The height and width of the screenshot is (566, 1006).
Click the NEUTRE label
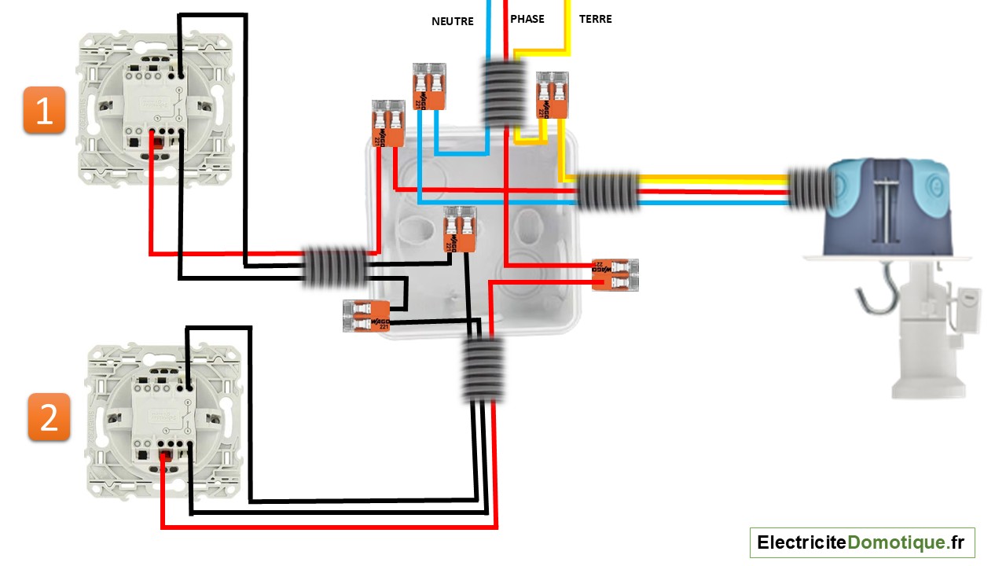tap(453, 21)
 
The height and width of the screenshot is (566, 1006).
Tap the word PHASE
tap(527, 19)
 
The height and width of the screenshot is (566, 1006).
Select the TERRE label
tap(595, 19)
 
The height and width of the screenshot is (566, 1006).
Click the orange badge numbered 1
tap(44, 111)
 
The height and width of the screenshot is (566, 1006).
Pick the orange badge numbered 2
tap(50, 417)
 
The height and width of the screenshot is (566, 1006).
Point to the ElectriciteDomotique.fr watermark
tap(861, 542)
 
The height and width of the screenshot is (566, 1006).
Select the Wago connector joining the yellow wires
tap(552, 95)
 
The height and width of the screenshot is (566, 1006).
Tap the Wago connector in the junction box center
tap(460, 229)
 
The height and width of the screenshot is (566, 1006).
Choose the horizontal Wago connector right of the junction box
tap(615, 275)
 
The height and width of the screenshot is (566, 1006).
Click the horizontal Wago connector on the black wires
tap(367, 315)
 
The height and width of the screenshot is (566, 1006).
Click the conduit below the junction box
tap(482, 369)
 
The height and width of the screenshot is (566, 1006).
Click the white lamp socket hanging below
tap(927, 330)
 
